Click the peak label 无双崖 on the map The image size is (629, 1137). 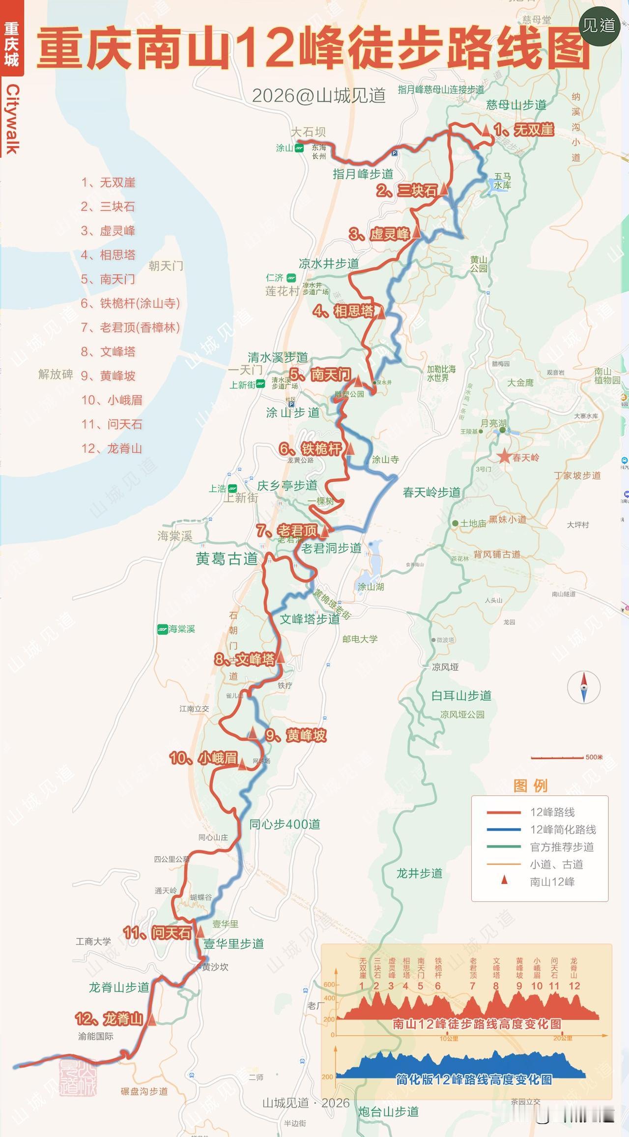point(533,130)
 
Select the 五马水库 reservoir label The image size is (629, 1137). point(502,181)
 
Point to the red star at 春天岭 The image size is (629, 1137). point(504,457)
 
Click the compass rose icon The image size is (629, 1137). point(584,687)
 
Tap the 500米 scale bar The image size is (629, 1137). point(558,758)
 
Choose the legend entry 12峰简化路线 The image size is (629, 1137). point(563,829)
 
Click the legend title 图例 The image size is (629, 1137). point(530,786)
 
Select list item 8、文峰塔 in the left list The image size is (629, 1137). point(108,351)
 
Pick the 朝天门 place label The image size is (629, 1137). point(166,266)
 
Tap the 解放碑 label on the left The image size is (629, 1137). point(56,375)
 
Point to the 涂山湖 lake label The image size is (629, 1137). point(371,586)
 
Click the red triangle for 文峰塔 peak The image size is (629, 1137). point(281,658)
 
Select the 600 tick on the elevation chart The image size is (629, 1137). point(329,985)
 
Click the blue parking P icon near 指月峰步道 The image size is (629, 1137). point(395,153)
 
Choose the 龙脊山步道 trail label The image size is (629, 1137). point(119,988)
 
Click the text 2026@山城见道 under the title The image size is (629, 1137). point(318,96)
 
